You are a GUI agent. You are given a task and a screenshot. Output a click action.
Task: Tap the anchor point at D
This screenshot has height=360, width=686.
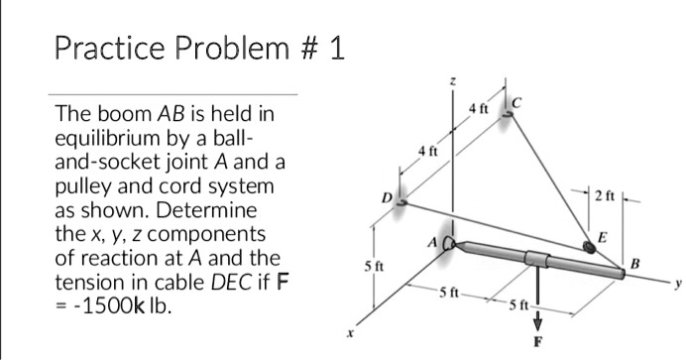click(x=401, y=200)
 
